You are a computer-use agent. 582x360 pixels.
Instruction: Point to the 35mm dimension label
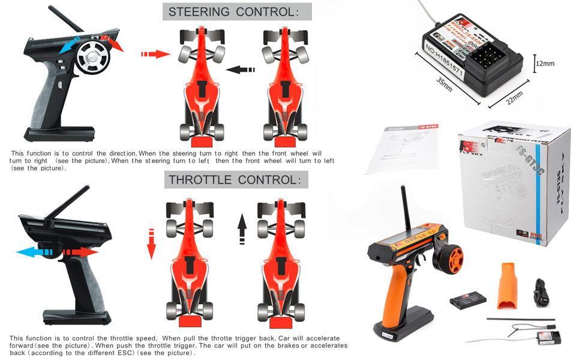pos(445,84)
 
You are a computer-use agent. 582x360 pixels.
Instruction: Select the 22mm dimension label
pos(514,97)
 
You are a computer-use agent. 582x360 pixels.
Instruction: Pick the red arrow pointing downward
pos(151,244)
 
